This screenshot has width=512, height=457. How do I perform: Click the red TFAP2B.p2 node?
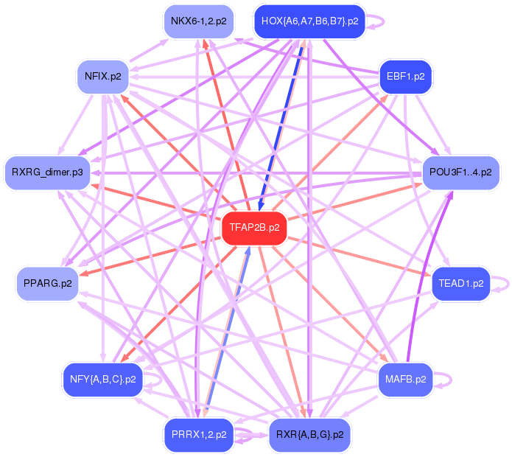click(x=254, y=228)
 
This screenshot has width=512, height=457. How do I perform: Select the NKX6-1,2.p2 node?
click(x=199, y=21)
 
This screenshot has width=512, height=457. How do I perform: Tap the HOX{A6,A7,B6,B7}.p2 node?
click(x=309, y=21)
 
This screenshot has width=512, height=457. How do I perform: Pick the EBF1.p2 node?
click(x=406, y=77)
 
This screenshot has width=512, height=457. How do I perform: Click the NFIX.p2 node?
click(x=103, y=77)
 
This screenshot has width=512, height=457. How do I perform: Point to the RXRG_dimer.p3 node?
click(x=47, y=172)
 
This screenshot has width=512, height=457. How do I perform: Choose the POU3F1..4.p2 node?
click(x=460, y=172)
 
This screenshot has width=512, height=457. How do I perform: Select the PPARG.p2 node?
click(x=48, y=283)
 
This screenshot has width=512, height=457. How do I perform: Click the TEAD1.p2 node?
click(x=460, y=283)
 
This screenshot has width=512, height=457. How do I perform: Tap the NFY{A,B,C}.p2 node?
click(x=103, y=380)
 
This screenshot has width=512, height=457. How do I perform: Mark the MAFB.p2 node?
click(x=406, y=380)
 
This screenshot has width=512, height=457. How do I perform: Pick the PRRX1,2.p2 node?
click(x=199, y=435)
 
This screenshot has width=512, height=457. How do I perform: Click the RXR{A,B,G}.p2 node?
click(x=309, y=435)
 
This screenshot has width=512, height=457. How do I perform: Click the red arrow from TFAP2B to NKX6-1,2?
click(x=227, y=125)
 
